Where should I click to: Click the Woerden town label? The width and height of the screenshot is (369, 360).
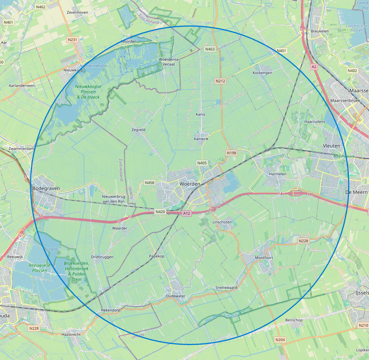pos(190,184)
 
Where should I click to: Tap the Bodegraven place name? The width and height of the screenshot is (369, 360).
pos(46,188)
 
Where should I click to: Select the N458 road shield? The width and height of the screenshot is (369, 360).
pos(150,182)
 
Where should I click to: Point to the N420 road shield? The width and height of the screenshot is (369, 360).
pos(160,212)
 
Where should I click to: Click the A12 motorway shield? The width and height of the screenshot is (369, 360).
pos(187,213)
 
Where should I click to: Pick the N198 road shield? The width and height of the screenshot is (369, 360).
pos(232,153)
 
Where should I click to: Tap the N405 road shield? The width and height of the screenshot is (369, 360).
pos(202,163)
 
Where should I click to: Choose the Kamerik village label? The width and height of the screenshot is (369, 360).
pos(201,139)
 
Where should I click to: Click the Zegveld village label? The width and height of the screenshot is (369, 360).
pos(138,130)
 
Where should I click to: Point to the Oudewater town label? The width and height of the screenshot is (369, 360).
pos(176,296)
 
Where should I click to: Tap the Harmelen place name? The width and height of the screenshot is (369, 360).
pos(277,174)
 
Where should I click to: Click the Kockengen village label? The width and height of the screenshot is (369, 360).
pos(262,73)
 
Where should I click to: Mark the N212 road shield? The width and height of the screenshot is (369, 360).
pos(220,81)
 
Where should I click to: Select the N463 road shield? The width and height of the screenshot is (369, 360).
pos(210,49)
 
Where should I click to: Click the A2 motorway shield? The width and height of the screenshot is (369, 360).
pos(314,67)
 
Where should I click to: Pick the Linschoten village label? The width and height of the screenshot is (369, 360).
pos(222,222)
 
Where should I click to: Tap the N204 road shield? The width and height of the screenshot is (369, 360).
pos(280,339)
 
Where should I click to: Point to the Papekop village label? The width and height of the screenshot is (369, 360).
pos(157,256)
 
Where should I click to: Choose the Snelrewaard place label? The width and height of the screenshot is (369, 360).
pos(226,287)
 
